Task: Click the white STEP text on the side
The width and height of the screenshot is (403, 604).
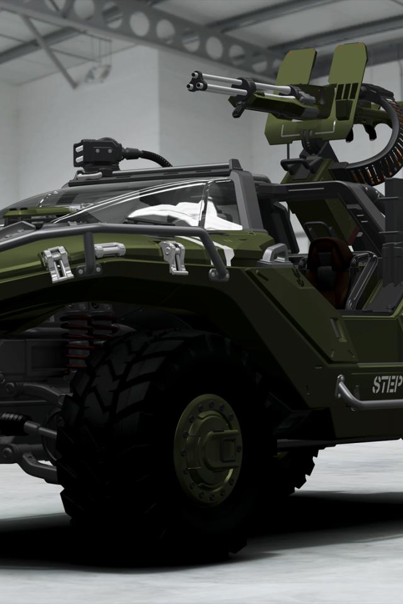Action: [x=387, y=384]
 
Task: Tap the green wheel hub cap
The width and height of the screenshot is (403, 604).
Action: [x=208, y=449]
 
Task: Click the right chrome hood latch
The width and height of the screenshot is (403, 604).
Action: [x=174, y=257]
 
